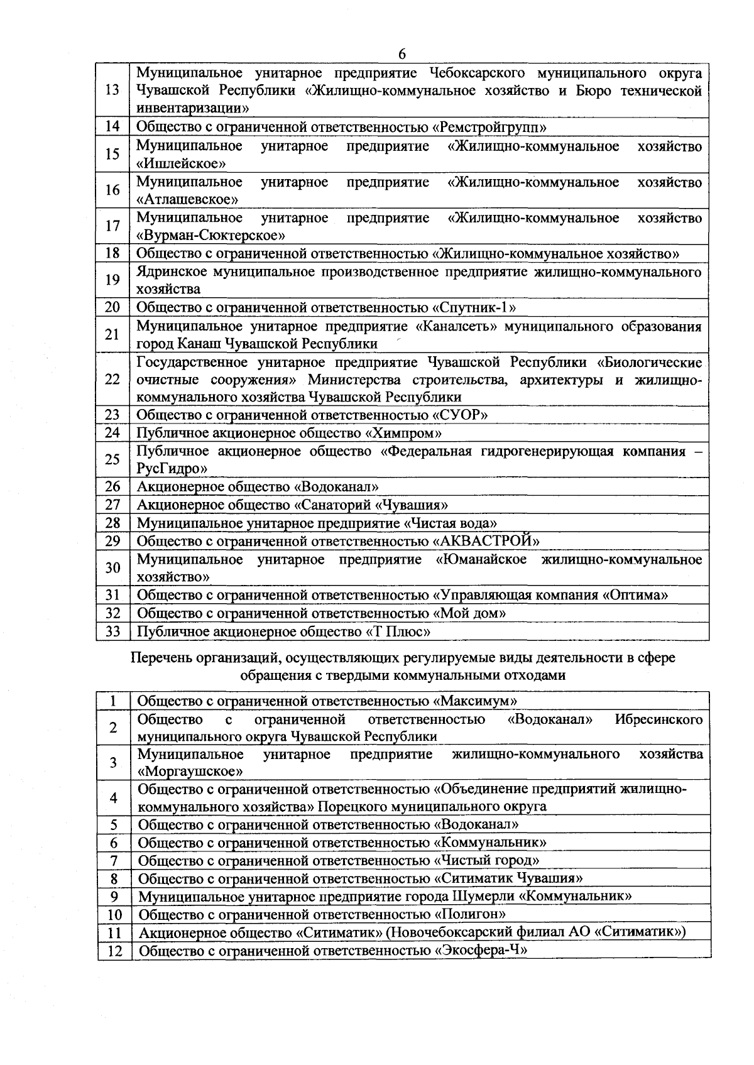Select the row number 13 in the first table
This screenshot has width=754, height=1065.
[112, 90]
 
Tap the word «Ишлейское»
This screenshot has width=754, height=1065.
[182, 164]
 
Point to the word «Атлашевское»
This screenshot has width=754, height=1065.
[187, 200]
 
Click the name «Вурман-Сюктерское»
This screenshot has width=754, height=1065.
[211, 236]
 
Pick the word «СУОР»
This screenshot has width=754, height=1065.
[461, 415]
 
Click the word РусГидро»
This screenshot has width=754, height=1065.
[172, 469]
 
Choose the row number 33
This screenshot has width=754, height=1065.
[112, 631]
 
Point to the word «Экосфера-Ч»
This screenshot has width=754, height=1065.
[481, 950]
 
